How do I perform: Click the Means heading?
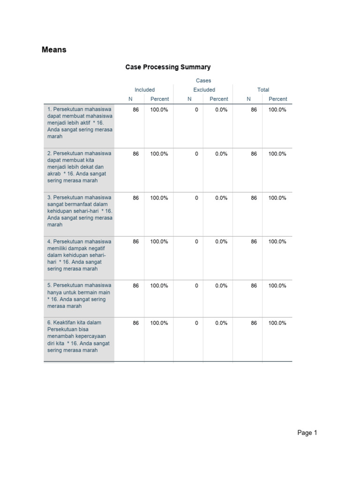click(54, 50)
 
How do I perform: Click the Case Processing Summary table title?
click(168, 67)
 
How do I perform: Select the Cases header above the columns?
click(203, 81)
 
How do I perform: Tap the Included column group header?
click(144, 90)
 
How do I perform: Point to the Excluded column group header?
click(204, 90)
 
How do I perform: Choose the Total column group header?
click(263, 90)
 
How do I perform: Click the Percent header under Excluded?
click(218, 99)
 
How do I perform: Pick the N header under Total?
click(249, 99)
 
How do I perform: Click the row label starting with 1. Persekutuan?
click(80, 123)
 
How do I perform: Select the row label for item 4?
click(80, 255)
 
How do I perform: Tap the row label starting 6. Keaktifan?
click(80, 336)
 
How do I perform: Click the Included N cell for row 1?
click(135, 110)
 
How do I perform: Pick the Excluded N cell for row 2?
click(196, 154)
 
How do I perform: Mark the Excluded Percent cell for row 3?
click(221, 198)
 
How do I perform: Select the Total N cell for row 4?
click(254, 241)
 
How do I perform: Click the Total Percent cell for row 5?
click(277, 285)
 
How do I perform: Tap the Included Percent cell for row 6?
click(159, 323)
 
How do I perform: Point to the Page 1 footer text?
click(307, 433)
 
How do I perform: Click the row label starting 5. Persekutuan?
click(80, 295)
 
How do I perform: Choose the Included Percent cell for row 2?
click(159, 154)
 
